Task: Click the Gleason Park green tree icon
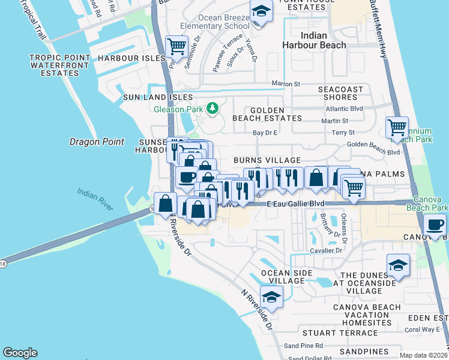pos(211,109)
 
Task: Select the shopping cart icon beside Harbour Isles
pos(176,46)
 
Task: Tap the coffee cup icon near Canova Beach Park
pos(435,226)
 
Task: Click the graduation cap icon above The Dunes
pos(398,265)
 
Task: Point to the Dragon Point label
pos(97,142)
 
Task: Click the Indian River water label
pos(95,199)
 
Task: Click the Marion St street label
pos(286,84)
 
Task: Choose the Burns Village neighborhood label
pos(267,160)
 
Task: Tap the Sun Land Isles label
pos(158,97)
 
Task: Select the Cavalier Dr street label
pos(326,250)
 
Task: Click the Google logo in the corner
pos(20,353)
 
